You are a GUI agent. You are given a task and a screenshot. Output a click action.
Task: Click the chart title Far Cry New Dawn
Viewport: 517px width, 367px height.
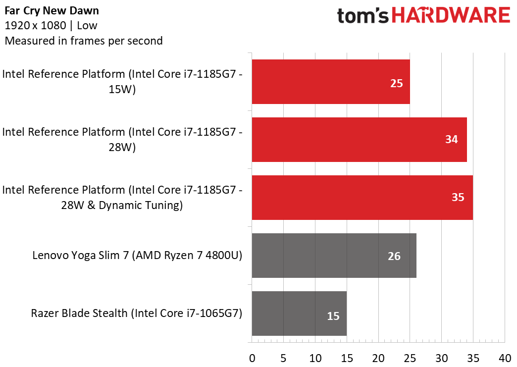(52, 11)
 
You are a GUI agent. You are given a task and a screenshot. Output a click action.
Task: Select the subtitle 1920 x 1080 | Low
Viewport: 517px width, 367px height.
(51, 26)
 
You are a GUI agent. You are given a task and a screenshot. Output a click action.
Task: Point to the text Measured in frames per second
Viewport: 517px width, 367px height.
(84, 41)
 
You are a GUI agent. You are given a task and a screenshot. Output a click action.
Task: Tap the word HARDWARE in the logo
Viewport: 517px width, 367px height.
(451, 15)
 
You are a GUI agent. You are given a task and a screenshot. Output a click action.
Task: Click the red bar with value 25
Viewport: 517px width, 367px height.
(331, 82)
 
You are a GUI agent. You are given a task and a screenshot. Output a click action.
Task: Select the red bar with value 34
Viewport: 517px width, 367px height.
(360, 140)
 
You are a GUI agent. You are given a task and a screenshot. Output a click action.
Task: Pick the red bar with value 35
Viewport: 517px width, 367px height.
(362, 198)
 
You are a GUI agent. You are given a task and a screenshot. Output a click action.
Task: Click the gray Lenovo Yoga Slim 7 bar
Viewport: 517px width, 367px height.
(334, 256)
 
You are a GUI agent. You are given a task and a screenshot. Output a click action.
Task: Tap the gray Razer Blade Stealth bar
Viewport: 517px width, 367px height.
(299, 314)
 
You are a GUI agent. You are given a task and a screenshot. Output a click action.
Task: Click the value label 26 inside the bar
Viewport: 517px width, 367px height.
(394, 256)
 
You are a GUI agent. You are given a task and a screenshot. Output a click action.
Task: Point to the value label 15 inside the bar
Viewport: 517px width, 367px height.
(333, 316)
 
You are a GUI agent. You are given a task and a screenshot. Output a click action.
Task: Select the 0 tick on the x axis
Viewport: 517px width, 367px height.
(252, 358)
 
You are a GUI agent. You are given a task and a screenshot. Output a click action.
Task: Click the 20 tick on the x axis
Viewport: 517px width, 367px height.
(378, 358)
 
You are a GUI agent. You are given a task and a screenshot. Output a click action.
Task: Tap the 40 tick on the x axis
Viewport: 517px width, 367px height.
(505, 358)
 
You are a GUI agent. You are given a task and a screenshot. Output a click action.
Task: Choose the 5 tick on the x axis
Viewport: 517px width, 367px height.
(283, 358)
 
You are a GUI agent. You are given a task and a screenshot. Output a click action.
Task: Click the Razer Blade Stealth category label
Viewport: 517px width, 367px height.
(137, 313)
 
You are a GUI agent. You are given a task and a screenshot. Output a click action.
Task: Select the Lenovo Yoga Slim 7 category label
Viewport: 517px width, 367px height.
(137, 255)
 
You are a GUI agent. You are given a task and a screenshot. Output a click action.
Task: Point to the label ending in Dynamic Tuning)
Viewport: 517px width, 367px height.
(122, 198)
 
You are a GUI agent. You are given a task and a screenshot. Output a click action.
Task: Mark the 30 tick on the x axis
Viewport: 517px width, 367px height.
(442, 358)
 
